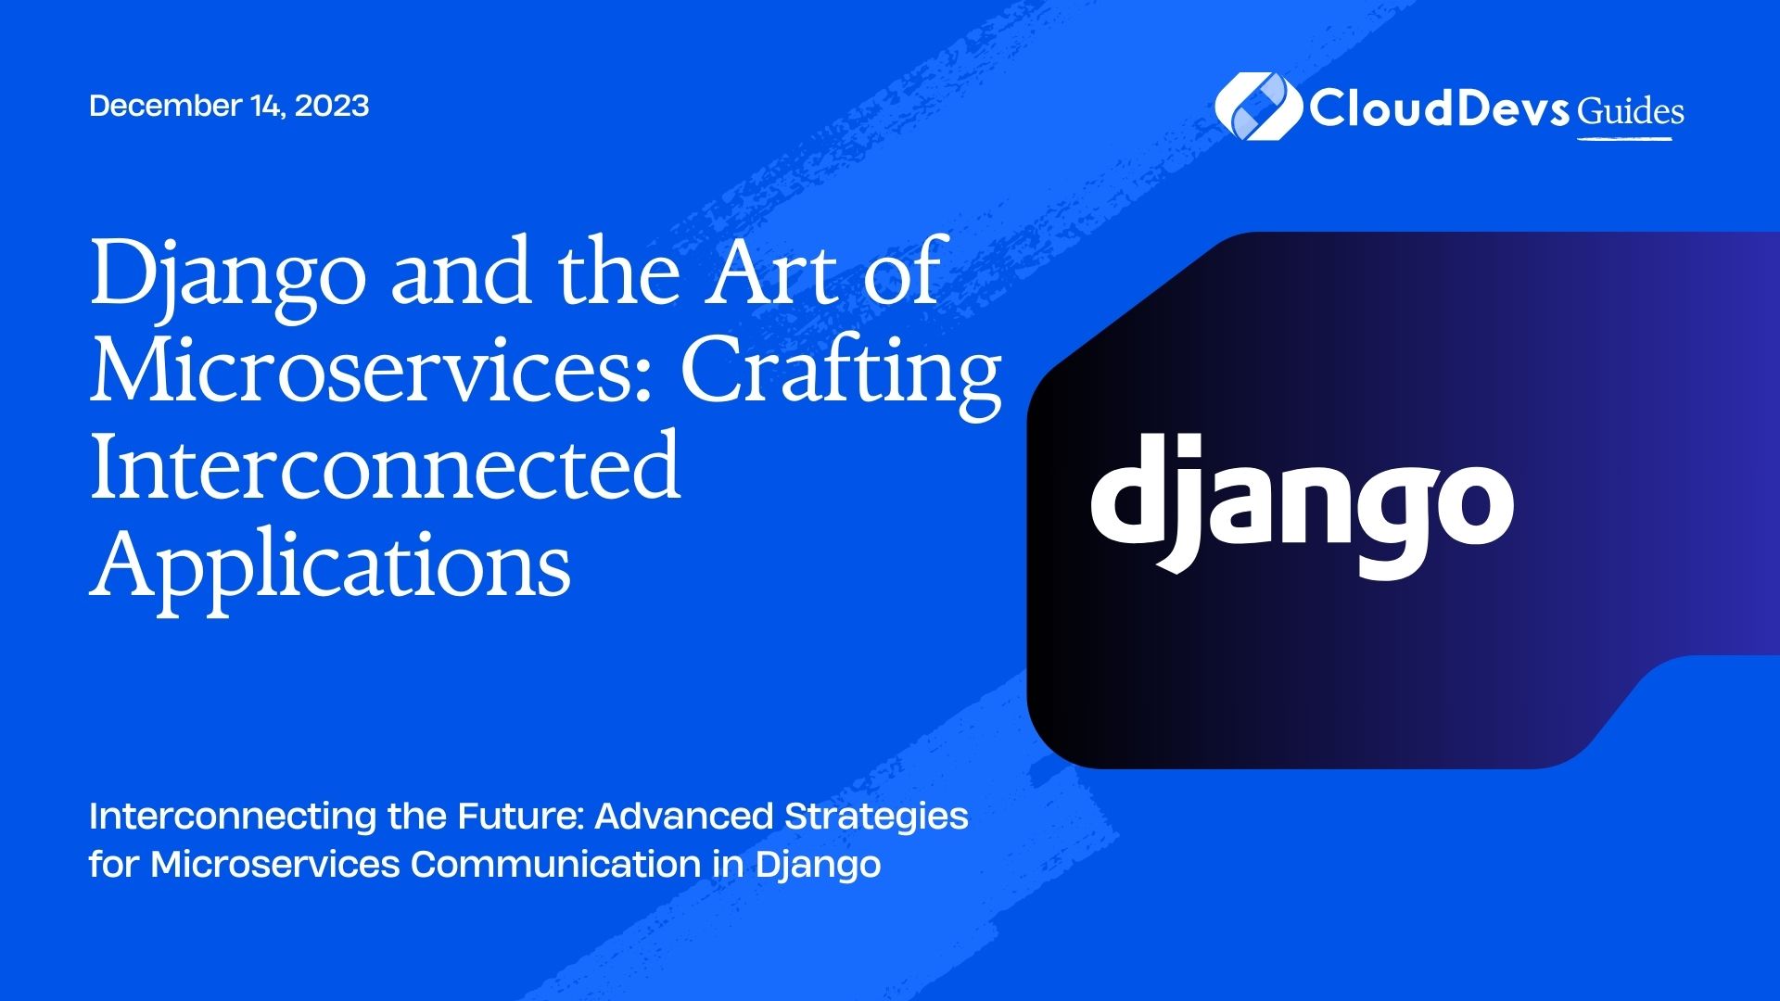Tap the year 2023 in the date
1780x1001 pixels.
coord(332,106)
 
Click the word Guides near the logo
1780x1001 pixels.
coord(1631,111)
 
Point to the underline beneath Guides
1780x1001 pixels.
coord(1625,139)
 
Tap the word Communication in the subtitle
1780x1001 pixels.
coord(556,865)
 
